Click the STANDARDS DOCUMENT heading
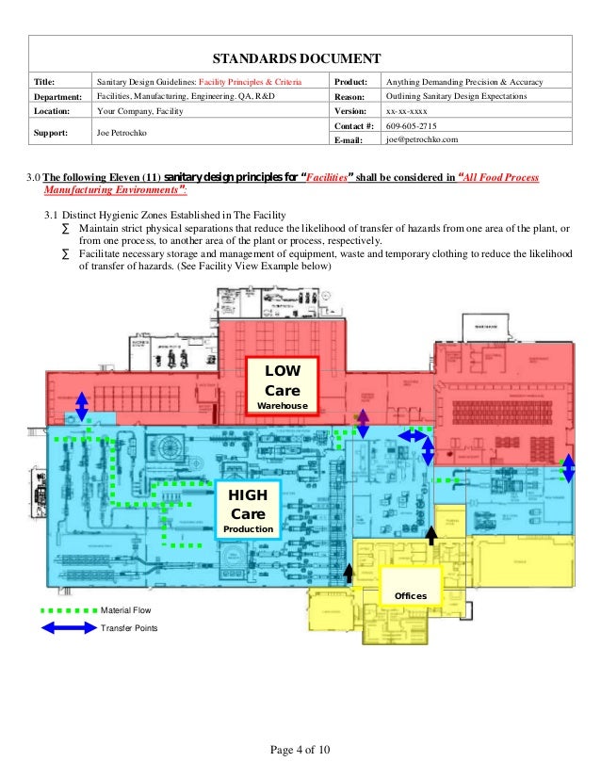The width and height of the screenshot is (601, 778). [300, 57]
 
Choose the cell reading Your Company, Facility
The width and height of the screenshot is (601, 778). [141, 110]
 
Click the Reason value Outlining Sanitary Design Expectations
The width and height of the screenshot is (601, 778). [456, 96]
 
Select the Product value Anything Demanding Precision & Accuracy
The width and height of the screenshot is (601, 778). [463, 82]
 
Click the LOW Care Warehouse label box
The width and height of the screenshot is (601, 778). [282, 384]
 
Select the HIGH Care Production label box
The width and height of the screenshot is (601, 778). [249, 511]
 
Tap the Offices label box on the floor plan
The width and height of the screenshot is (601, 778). [410, 587]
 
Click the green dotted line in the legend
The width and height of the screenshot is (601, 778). [70, 611]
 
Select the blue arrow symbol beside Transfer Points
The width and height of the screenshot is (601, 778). [70, 627]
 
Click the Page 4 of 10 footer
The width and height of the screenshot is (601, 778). [300, 749]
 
